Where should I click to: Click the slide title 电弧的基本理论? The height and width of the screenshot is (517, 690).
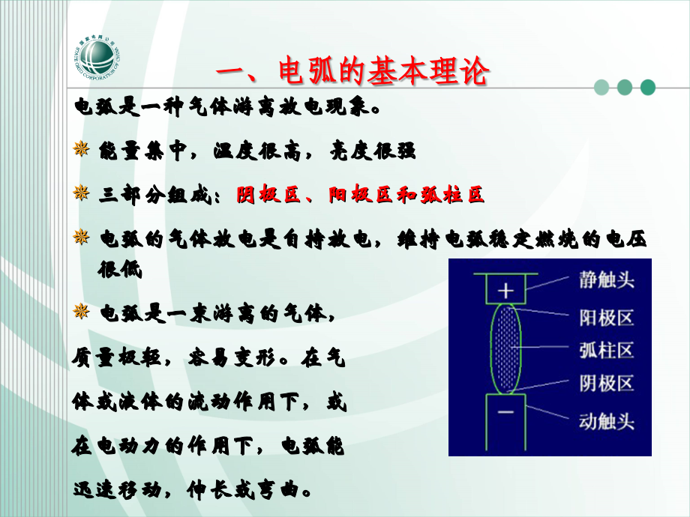click(x=352, y=73)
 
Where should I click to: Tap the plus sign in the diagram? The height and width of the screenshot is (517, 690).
click(x=506, y=290)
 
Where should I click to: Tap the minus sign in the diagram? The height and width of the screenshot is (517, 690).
click(x=507, y=413)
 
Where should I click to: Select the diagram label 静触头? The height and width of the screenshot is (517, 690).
click(x=607, y=280)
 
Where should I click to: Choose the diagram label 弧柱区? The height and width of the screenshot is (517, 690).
click(x=607, y=350)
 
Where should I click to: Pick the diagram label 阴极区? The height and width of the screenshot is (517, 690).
click(x=607, y=384)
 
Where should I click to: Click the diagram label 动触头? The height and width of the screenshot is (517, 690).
click(x=607, y=420)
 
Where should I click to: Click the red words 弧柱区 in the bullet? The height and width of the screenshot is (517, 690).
click(x=451, y=195)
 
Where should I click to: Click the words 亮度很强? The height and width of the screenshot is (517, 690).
click(x=373, y=151)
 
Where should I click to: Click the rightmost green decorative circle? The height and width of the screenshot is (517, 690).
click(x=647, y=88)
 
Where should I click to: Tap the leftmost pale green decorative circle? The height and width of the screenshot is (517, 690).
click(x=601, y=88)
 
